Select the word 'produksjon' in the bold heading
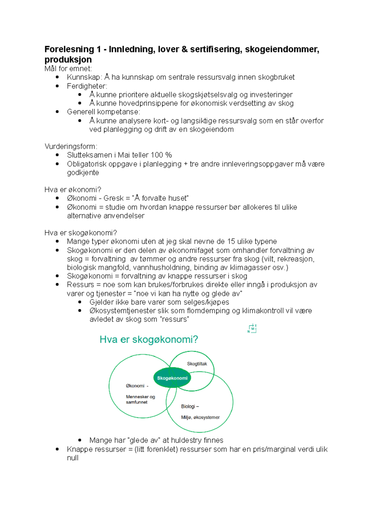point(68,59)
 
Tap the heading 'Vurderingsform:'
point(71,146)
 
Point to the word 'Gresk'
point(113,198)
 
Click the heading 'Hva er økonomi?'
point(73,190)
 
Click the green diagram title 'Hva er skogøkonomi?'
point(148,340)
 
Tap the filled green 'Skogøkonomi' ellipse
point(172,378)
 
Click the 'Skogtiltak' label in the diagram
point(197,364)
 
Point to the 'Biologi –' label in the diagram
point(190,406)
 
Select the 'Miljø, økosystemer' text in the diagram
point(200,417)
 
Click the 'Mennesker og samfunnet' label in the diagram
point(140,399)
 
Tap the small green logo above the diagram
point(252,329)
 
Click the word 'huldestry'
point(186,440)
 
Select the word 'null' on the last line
point(73,458)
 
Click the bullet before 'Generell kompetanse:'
point(57,112)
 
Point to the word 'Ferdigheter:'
point(87,86)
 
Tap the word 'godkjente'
point(83,173)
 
